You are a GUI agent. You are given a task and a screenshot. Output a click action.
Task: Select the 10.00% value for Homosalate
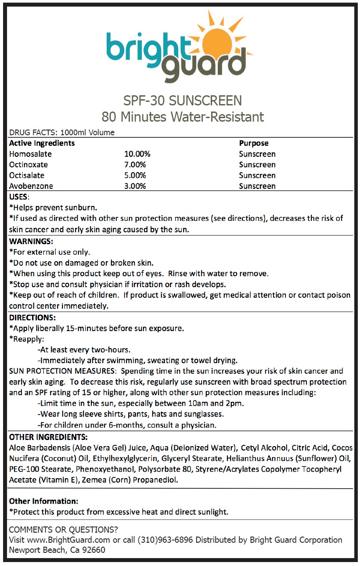click(137, 154)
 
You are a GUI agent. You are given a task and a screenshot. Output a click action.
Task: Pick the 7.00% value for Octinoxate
click(135, 165)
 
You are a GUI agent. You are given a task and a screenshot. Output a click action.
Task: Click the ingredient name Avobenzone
click(31, 186)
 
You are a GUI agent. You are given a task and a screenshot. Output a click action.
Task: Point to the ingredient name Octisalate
click(29, 175)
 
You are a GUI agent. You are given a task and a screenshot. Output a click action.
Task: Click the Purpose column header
click(253, 143)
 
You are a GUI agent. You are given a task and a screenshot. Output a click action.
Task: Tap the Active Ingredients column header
click(42, 143)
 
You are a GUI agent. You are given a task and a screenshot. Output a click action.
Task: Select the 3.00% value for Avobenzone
click(135, 186)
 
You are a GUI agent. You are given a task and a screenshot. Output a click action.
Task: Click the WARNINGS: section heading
click(31, 242)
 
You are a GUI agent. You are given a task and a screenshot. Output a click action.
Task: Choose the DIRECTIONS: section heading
click(32, 317)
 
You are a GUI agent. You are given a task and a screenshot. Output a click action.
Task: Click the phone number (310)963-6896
click(165, 540)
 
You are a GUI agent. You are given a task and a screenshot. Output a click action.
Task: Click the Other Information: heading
click(43, 501)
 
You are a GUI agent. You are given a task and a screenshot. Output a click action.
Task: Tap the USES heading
click(18, 197)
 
